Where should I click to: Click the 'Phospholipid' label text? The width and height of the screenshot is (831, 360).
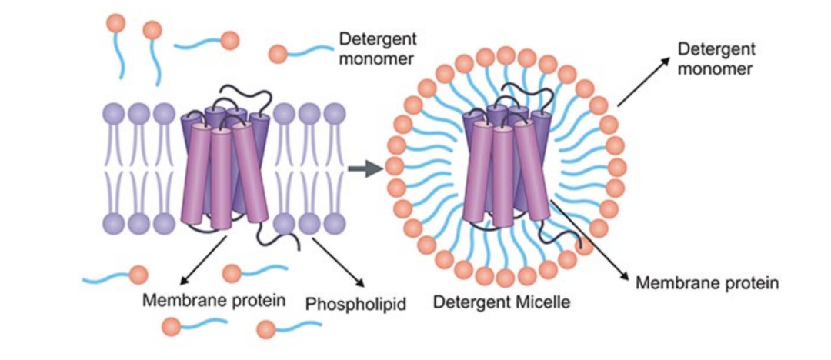coord(355,303)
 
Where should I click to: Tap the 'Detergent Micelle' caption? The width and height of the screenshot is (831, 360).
coord(501,302)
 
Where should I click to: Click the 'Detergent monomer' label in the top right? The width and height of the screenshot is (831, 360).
coord(715,58)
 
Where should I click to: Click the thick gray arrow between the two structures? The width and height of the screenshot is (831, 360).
coord(365,169)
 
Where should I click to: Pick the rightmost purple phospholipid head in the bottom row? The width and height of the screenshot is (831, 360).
coord(333,223)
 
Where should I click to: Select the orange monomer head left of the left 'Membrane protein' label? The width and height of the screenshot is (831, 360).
coord(138,275)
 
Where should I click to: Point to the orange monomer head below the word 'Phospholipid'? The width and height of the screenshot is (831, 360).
coord(266,330)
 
